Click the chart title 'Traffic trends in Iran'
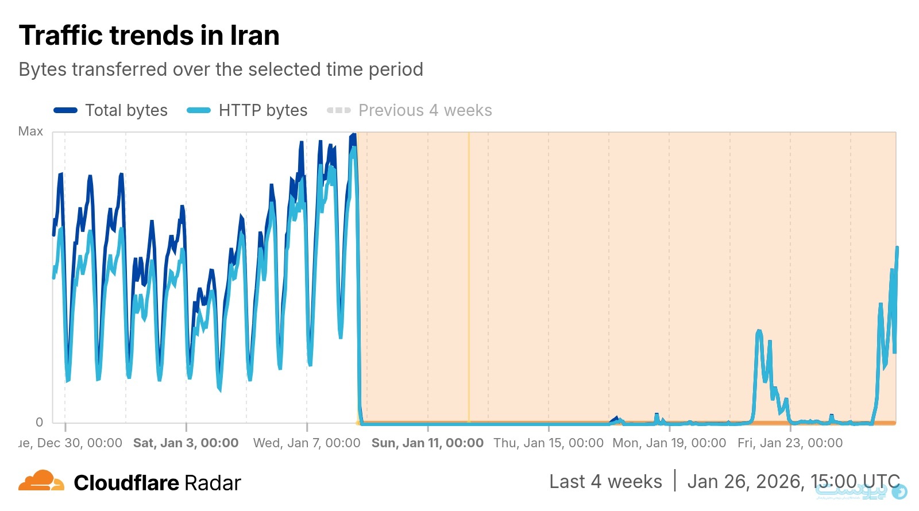[149, 36]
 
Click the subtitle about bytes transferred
[221, 69]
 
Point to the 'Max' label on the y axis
[30, 131]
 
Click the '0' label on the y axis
[39, 422]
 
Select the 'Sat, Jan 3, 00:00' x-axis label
[186, 443]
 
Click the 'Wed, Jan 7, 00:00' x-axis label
[307, 443]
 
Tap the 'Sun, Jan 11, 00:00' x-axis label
[427, 443]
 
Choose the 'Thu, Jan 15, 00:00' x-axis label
[549, 443]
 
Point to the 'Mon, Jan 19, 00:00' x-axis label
[669, 443]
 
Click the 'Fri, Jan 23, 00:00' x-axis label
[790, 443]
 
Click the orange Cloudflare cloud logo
[41, 481]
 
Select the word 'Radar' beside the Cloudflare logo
[213, 483]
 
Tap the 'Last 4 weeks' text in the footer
[605, 481]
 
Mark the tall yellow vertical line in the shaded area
[469, 276]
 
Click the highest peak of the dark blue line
[353, 136]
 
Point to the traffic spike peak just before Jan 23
[759, 331]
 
